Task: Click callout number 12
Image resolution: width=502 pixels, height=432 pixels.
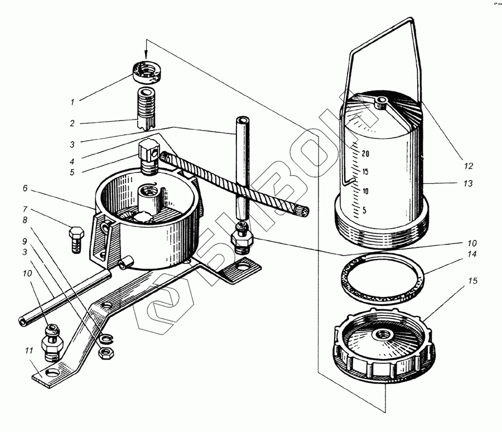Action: click(x=467, y=166)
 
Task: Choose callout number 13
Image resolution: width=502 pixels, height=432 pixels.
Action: click(x=467, y=184)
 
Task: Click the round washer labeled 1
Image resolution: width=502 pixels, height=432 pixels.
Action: click(x=146, y=71)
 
